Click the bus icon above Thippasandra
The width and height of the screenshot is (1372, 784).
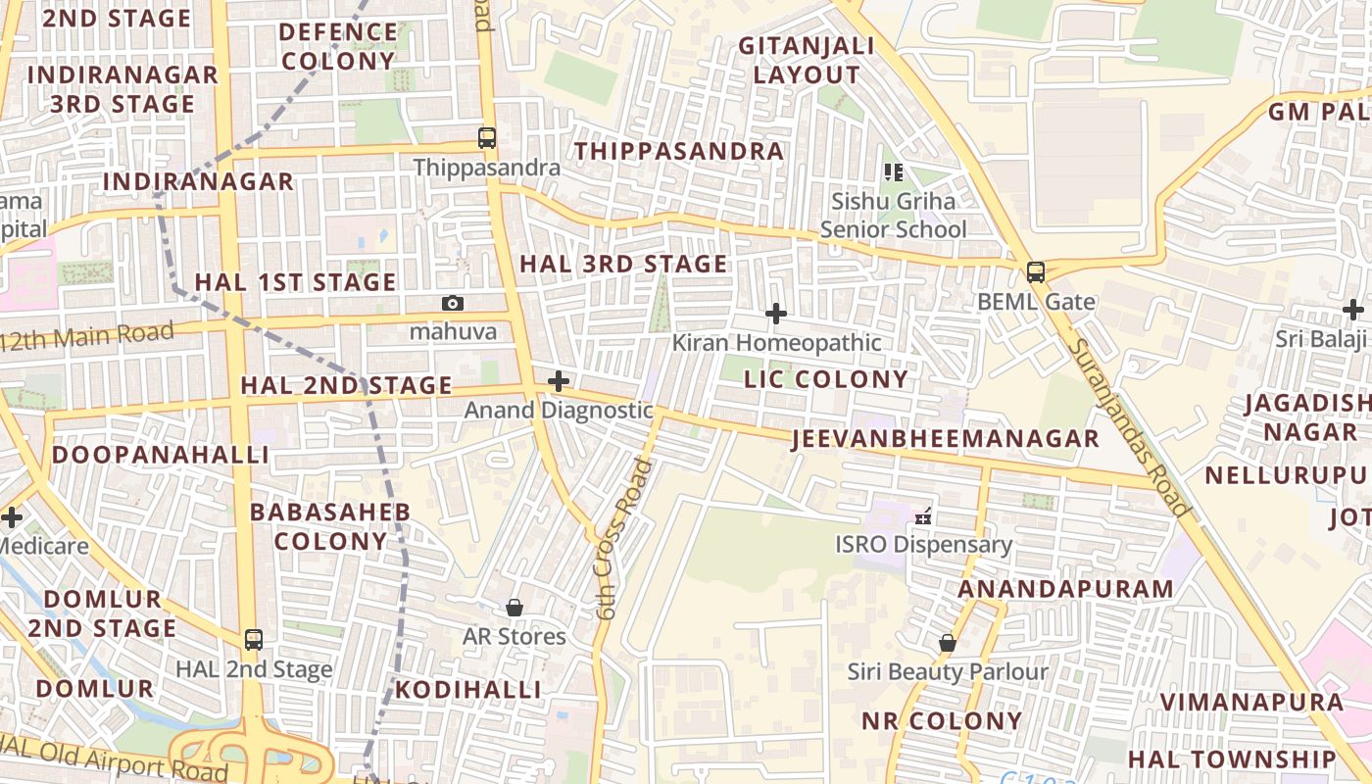click(x=487, y=138)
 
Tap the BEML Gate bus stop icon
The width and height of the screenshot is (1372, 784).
click(x=1036, y=272)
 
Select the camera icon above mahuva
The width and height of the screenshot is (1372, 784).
click(x=452, y=303)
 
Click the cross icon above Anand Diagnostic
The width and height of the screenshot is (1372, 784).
click(x=559, y=381)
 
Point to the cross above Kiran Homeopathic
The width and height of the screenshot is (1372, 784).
click(x=776, y=314)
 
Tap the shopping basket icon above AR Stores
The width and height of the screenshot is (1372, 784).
click(x=514, y=608)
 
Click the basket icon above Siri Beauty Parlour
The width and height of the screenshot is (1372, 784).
click(x=948, y=643)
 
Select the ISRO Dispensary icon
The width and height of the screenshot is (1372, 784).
click(x=922, y=514)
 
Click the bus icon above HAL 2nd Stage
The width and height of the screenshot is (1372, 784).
click(x=254, y=640)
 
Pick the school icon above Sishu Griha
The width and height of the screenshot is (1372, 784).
click(x=893, y=172)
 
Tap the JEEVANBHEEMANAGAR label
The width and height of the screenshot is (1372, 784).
click(x=945, y=438)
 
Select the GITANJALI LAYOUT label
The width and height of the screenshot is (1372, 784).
click(x=799, y=61)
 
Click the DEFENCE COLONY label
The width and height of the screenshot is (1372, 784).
click(x=338, y=46)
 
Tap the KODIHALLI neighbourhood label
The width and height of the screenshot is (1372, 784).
click(x=467, y=690)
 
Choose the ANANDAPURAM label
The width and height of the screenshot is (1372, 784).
click(x=1065, y=589)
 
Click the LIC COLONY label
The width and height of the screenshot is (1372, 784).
click(x=826, y=379)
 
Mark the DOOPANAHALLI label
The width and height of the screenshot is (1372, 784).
click(x=160, y=455)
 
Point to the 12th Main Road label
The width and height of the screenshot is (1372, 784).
click(x=88, y=336)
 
